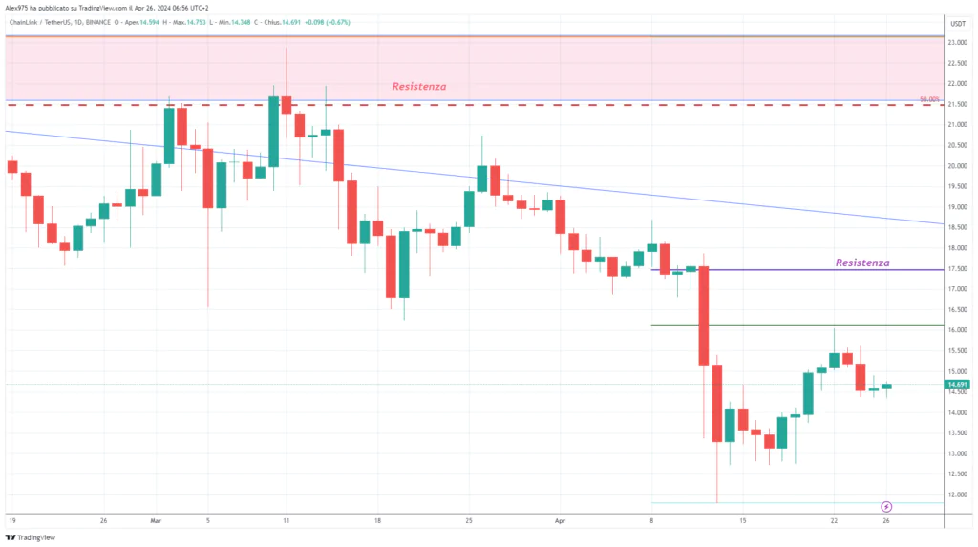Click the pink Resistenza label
[418, 87]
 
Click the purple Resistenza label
[861, 263]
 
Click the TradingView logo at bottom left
[31, 537]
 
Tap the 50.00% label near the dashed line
[929, 99]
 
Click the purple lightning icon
[886, 505]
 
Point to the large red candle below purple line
[704, 315]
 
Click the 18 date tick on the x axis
[379, 521]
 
